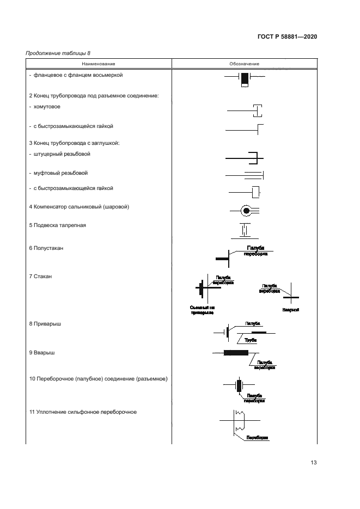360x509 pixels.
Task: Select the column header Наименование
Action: click(x=99, y=64)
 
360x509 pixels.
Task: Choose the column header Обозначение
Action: click(x=244, y=64)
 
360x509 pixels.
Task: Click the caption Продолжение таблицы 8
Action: click(x=58, y=53)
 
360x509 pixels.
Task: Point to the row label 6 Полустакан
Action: click(x=46, y=248)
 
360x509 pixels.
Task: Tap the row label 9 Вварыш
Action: click(x=42, y=353)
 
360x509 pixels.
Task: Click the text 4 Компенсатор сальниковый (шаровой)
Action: click(x=78, y=207)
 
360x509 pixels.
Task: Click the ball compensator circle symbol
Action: click(x=246, y=210)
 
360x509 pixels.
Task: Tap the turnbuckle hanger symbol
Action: click(x=245, y=230)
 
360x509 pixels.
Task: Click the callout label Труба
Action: click(x=251, y=340)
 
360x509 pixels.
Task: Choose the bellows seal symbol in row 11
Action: click(x=239, y=421)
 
